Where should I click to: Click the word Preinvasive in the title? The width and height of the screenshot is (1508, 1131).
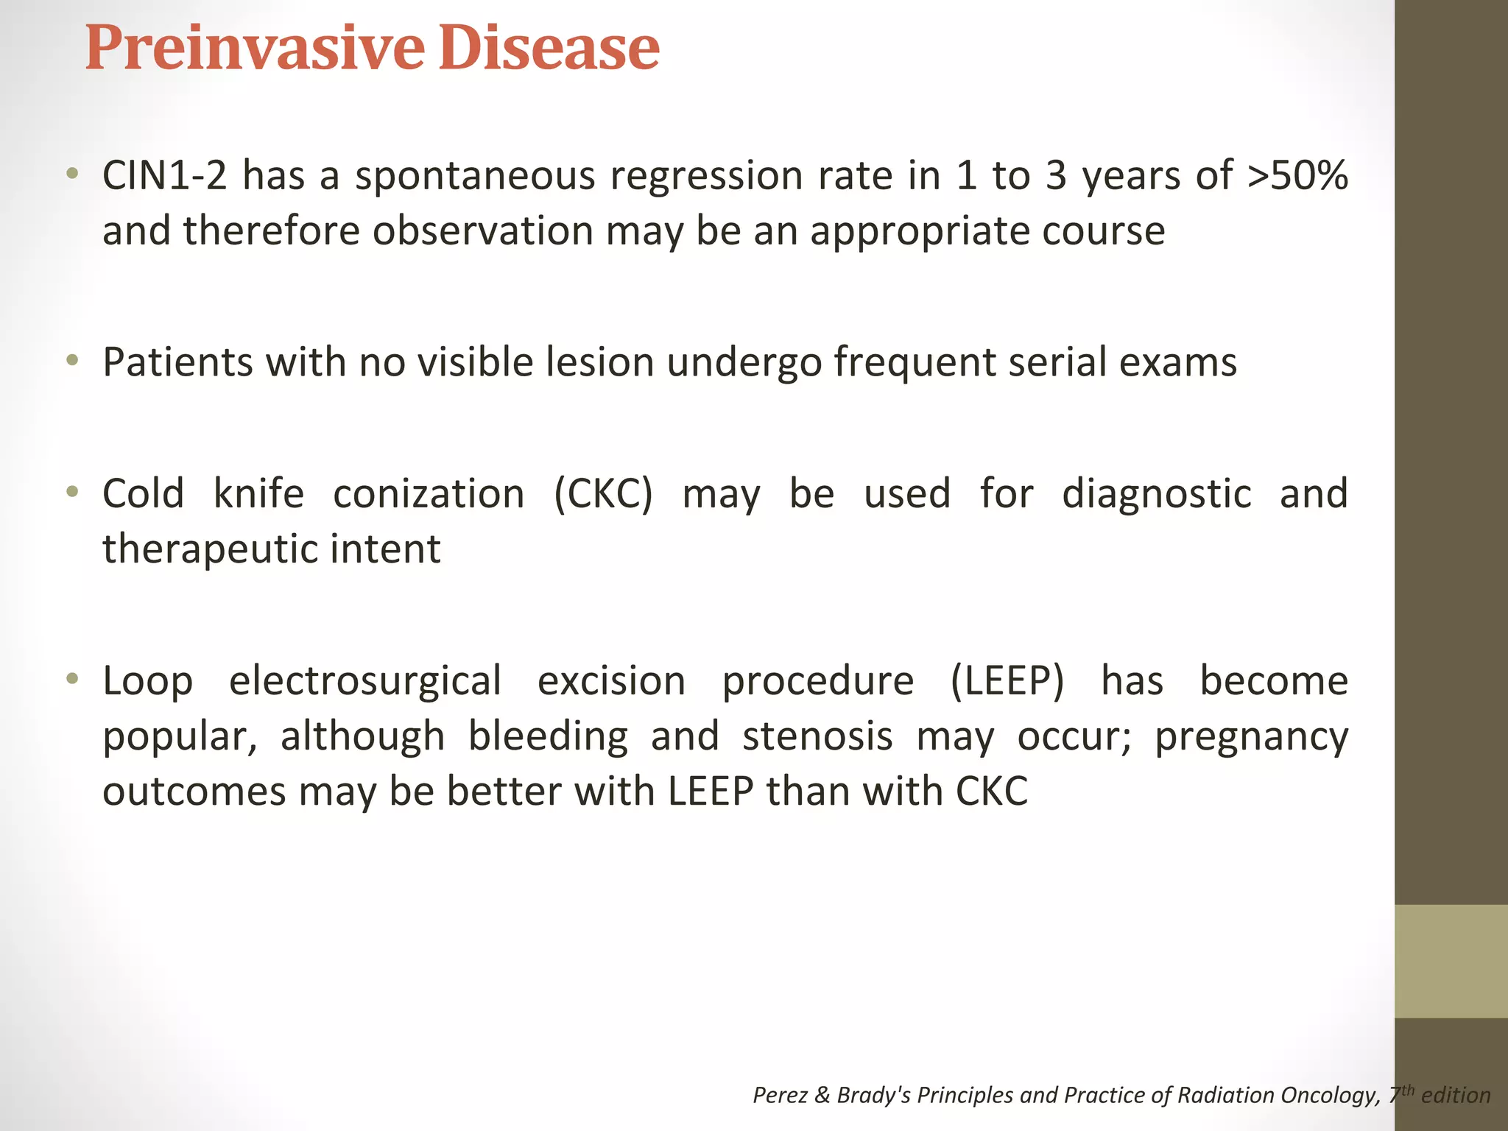pos(254,49)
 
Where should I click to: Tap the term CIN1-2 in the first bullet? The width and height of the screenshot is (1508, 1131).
pos(164,176)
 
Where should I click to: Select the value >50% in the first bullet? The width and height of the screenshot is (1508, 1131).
pos(1297,176)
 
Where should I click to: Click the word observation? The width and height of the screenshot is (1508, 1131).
pos(482,231)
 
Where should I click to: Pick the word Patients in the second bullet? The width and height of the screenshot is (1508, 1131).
pos(177,362)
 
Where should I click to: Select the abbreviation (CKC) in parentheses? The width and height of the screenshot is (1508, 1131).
pos(603,494)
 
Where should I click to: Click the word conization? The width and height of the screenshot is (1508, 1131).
pos(429,494)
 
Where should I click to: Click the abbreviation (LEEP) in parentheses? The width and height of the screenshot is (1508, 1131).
pos(1007,681)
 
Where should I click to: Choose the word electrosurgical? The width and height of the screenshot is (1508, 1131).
pos(365,681)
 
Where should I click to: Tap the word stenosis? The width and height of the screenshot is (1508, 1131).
pos(817,736)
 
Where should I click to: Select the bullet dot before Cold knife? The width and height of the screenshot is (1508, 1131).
pos(71,491)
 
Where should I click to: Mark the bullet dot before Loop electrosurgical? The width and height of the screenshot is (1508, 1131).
pos(71,678)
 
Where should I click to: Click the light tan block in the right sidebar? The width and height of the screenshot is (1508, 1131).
pos(1451,961)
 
